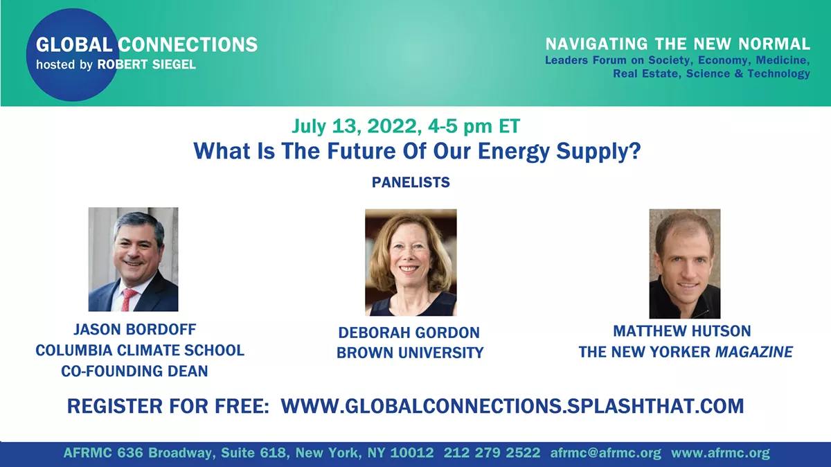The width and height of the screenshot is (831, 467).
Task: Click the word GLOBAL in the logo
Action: tap(74, 44)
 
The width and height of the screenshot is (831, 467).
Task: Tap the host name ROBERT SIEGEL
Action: tap(147, 64)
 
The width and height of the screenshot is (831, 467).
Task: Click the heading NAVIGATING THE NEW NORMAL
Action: tap(678, 44)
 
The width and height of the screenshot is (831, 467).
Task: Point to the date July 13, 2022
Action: tap(357, 126)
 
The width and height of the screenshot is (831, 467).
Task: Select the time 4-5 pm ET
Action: tap(474, 126)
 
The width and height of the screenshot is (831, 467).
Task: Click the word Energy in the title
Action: tap(513, 152)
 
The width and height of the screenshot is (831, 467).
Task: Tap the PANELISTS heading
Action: tap(411, 182)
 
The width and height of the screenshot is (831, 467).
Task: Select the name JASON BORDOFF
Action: tap(134, 329)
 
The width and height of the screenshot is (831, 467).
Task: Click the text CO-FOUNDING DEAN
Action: tap(134, 371)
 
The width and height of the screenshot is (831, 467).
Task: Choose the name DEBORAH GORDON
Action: tap(409, 333)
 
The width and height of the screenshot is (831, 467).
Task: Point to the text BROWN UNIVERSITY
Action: tap(410, 353)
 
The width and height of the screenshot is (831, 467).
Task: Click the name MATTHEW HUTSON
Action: tap(682, 331)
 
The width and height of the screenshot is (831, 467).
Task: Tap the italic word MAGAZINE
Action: tap(754, 351)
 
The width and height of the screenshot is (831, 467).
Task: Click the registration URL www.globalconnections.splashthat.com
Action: tap(512, 406)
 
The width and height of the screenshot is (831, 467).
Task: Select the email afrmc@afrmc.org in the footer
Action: tap(605, 453)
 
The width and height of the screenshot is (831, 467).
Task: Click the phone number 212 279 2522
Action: tap(492, 453)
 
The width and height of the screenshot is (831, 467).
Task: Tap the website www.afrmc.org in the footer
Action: tap(720, 453)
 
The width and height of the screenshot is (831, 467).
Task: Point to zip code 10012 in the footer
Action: tap(412, 453)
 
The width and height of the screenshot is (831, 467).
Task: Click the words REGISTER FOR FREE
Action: tap(168, 406)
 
